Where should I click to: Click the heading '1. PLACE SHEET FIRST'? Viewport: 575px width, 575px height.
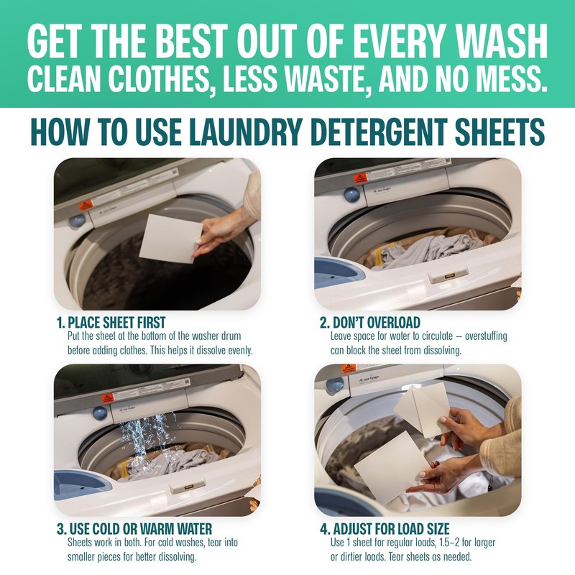tap(116, 323)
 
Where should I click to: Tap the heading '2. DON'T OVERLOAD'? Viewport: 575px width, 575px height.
tap(370, 323)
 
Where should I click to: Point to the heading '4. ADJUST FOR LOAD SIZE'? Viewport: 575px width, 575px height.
tap(385, 530)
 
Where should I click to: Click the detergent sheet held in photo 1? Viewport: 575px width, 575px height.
tap(167, 237)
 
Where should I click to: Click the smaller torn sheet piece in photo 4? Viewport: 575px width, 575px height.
tap(422, 408)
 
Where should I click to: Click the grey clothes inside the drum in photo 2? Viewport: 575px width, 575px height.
tap(424, 252)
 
